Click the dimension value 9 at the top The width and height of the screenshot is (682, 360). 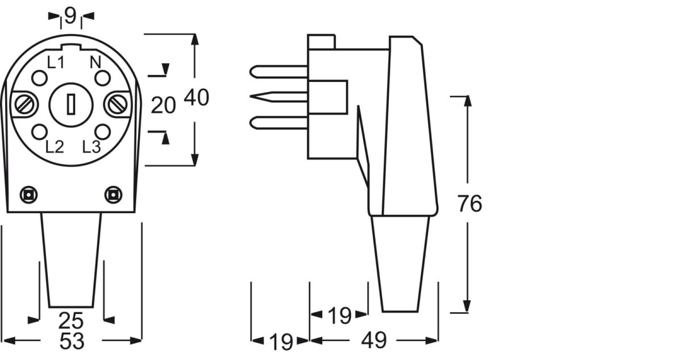tap(70, 16)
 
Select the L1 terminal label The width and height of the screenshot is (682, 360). tap(55, 63)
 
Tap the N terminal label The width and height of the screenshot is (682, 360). tap(95, 63)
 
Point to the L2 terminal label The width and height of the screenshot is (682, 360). tap(55, 147)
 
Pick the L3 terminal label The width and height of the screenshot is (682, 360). tap(92, 147)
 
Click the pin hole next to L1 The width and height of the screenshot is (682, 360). tap(39, 78)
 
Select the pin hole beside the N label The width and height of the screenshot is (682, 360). tap(102, 78)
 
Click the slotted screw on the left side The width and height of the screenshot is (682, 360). tap(26, 105)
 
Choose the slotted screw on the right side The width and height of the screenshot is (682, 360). tap(117, 105)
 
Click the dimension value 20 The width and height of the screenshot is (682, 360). tap(163, 105)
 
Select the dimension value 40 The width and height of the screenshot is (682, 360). tap(196, 98)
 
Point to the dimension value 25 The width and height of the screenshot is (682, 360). tap(72, 320)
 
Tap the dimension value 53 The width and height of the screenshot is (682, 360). tap(72, 341)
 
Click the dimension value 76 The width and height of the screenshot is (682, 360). tap(469, 204)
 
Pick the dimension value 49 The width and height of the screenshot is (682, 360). tap(373, 341)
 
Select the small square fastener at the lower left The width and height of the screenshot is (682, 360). tap(27, 195)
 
